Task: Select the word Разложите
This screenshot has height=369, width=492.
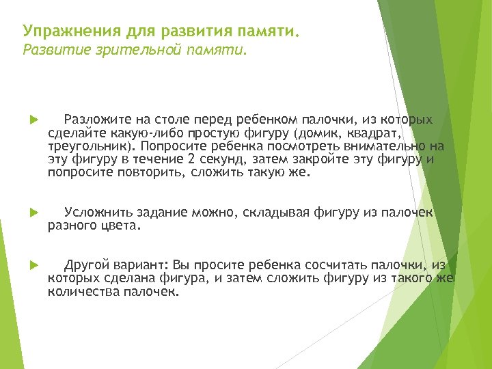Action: pyautogui.click(x=90, y=120)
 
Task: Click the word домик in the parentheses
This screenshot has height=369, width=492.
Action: pyautogui.click(x=308, y=133)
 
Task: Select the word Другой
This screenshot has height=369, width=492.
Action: pyautogui.click(x=85, y=265)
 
